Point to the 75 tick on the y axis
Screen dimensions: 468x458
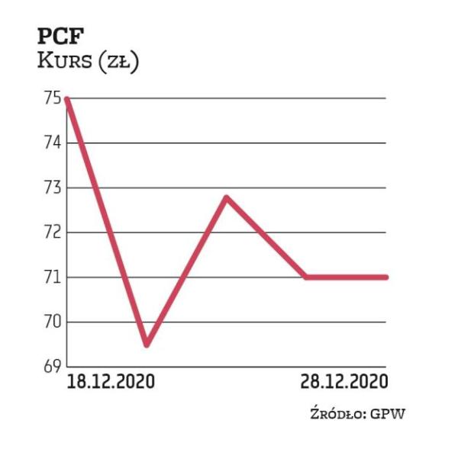click(x=52, y=98)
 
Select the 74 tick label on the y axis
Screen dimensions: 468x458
click(x=52, y=143)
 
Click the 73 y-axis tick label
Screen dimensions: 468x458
click(x=52, y=188)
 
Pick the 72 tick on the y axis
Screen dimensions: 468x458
click(x=52, y=232)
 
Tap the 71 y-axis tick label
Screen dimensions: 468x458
click(x=52, y=277)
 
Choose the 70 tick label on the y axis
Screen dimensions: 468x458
click(x=52, y=322)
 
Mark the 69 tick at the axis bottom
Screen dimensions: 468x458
click(x=52, y=366)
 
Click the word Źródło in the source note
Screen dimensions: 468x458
click(x=340, y=415)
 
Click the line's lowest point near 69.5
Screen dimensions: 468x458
click(x=147, y=345)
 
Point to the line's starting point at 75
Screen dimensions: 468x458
click(x=68, y=98)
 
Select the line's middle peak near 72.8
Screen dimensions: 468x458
click(x=227, y=197)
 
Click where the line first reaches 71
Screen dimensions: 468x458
click(x=306, y=277)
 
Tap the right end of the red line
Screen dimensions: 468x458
click(x=385, y=277)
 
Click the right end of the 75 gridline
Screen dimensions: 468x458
click(x=385, y=98)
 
